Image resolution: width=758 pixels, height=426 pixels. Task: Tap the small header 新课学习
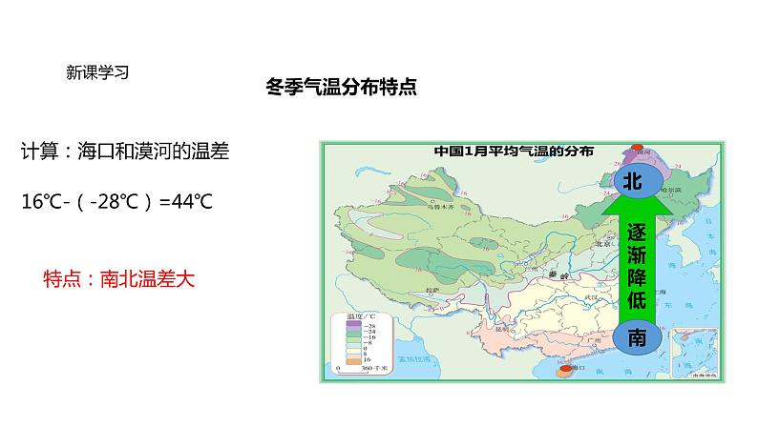coord(97,71)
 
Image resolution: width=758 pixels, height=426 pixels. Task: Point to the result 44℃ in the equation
coord(191,202)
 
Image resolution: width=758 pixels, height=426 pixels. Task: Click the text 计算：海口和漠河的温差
coord(124,152)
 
